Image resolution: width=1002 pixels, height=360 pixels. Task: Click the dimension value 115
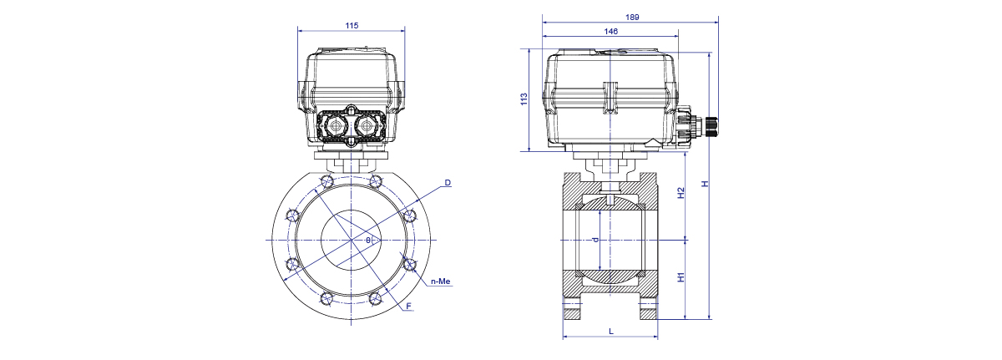[352, 26]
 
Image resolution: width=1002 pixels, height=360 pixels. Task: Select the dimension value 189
[632, 18]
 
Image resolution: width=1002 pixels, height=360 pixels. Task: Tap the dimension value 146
[610, 31]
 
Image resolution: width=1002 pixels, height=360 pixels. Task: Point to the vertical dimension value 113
[524, 99]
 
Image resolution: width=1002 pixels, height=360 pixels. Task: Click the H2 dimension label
[681, 193]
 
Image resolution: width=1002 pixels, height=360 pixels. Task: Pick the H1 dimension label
[681, 277]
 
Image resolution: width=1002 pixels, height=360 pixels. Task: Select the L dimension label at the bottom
[611, 332]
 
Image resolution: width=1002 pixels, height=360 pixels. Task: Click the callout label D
[448, 182]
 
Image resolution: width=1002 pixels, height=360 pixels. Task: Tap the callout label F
[408, 306]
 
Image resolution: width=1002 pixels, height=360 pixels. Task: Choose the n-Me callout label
[441, 281]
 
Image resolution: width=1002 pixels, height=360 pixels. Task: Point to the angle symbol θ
[368, 241]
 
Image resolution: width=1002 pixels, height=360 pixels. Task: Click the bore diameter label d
[595, 241]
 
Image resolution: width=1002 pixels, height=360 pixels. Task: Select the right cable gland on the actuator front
[367, 125]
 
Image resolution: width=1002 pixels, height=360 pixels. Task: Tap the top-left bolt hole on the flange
[327, 181]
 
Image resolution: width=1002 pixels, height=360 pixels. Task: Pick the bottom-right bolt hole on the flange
[375, 298]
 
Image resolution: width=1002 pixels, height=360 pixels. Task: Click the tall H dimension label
[705, 184]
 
